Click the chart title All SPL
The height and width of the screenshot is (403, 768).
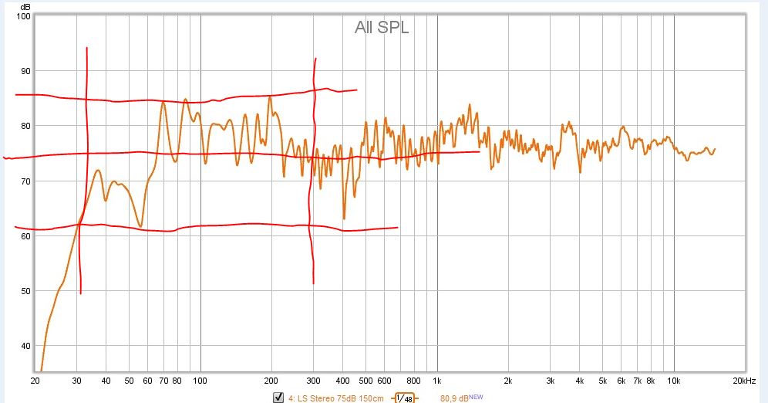click(382, 28)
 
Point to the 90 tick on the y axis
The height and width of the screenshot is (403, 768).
click(25, 71)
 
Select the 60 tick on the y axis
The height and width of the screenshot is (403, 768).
click(25, 236)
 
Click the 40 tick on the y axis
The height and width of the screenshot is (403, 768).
click(25, 346)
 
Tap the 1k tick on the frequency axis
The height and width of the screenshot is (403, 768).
click(437, 381)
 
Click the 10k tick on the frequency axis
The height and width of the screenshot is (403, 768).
click(673, 381)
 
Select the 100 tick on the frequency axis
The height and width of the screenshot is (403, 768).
click(200, 381)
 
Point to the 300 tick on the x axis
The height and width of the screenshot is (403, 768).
click(313, 381)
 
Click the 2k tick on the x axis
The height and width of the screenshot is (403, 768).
click(508, 381)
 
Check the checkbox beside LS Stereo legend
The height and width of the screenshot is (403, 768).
click(278, 398)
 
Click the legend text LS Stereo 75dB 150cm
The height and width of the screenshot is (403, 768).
click(339, 398)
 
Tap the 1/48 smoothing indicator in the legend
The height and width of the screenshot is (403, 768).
click(405, 398)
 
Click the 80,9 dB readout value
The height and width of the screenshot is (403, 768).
click(454, 398)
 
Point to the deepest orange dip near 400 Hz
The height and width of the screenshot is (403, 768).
click(344, 219)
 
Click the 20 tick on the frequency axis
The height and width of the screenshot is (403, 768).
click(35, 381)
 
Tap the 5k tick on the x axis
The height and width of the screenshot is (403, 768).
click(602, 381)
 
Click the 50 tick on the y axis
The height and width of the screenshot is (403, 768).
click(25, 291)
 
